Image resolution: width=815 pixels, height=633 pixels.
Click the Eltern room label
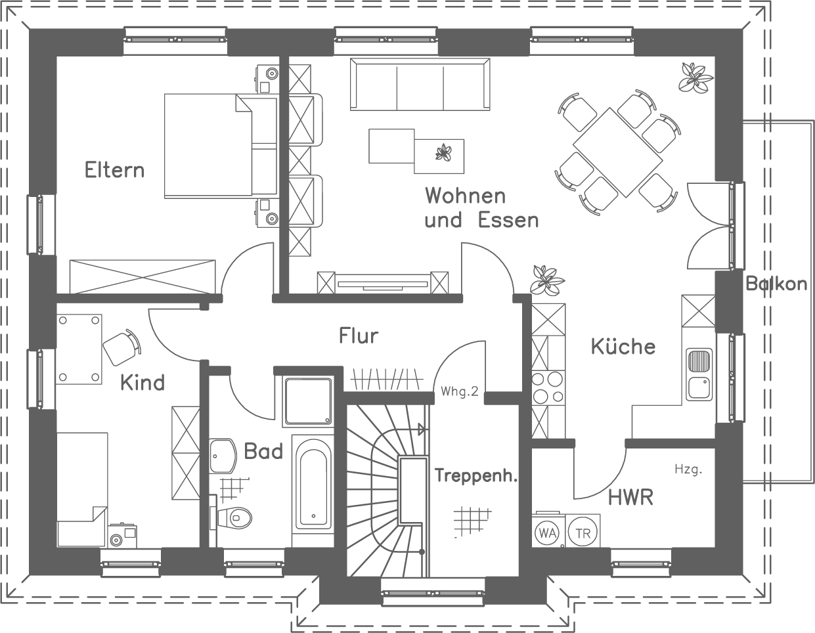click(114, 170)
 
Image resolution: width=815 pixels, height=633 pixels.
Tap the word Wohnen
click(465, 196)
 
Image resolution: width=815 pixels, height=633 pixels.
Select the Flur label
click(359, 336)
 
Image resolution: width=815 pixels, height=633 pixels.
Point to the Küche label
click(623, 346)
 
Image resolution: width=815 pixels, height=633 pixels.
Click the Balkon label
click(776, 284)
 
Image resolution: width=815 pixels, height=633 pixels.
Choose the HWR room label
click(630, 498)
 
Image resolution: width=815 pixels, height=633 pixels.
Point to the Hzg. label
click(688, 469)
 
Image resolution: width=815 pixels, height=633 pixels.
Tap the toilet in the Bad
click(236, 517)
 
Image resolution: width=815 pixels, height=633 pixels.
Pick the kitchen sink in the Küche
click(699, 374)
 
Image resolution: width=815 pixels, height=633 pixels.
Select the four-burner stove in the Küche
click(548, 387)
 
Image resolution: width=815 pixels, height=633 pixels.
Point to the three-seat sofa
click(420, 85)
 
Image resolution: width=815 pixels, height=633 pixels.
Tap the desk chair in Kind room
click(122, 345)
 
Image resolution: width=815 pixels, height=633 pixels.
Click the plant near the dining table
click(695, 77)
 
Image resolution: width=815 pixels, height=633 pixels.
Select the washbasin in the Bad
click(223, 455)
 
